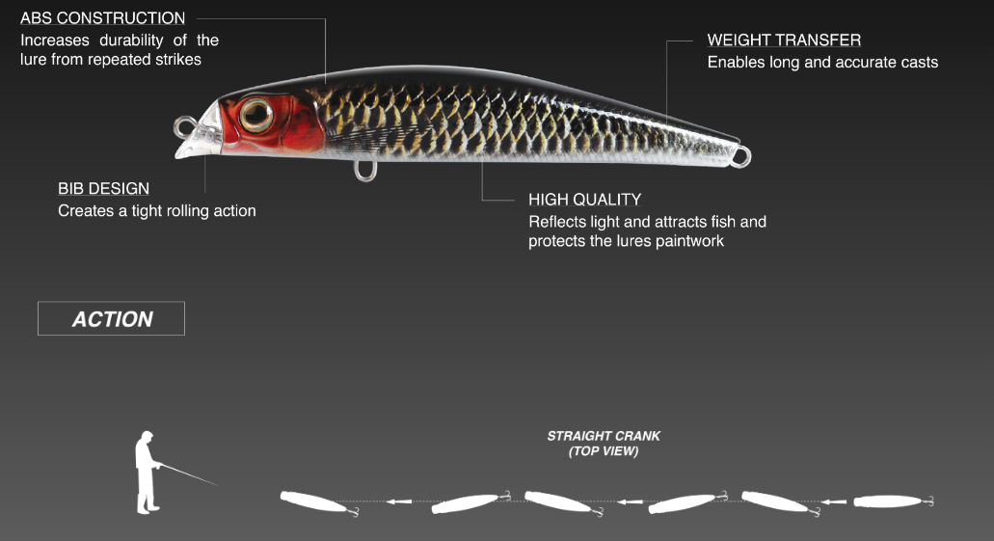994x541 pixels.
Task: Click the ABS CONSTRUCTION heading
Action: coord(102,18)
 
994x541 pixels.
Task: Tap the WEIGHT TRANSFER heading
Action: coord(784,41)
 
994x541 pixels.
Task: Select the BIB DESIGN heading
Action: coord(103,189)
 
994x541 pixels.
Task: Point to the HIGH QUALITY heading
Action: coord(584,200)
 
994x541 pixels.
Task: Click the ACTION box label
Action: coord(112,319)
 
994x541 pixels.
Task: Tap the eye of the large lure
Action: coord(256,115)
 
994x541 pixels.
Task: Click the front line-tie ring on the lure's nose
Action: coord(184,126)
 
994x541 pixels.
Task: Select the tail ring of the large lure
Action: coord(739,156)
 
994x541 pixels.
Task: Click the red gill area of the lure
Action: coord(280,130)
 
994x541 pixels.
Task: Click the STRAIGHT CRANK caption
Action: coord(604,437)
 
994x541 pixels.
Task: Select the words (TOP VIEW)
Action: coord(604,451)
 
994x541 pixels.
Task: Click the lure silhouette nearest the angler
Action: coord(312,502)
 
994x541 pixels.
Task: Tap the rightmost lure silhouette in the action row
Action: coord(890,501)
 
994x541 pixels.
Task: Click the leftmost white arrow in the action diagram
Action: coord(399,501)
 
